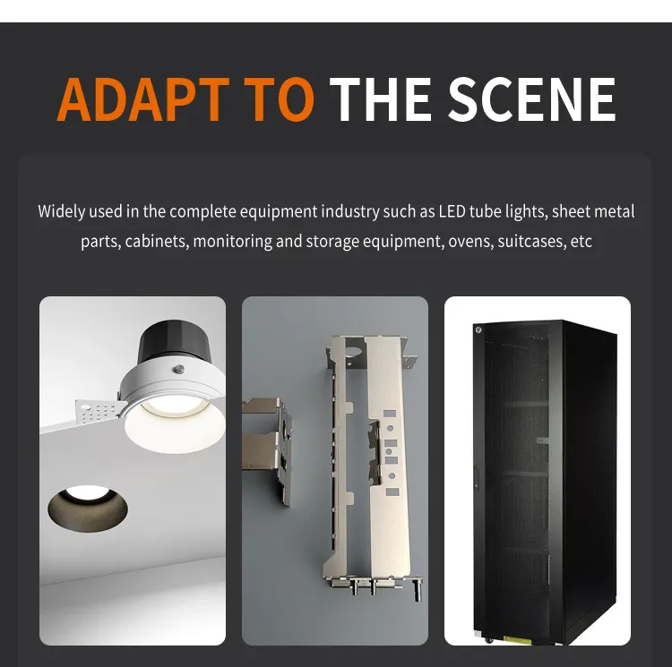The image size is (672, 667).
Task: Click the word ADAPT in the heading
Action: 142,99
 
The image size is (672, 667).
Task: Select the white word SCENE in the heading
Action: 532,99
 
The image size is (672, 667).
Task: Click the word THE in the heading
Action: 380,99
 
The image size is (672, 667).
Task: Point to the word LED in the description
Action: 452,212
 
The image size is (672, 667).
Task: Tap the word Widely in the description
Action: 61,212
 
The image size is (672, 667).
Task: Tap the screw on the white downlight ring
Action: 179,369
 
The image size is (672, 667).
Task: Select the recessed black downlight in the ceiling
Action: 88,509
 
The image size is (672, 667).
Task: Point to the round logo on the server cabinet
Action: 478,329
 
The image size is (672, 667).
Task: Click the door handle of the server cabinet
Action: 476,477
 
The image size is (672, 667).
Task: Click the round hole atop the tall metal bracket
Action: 353,353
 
